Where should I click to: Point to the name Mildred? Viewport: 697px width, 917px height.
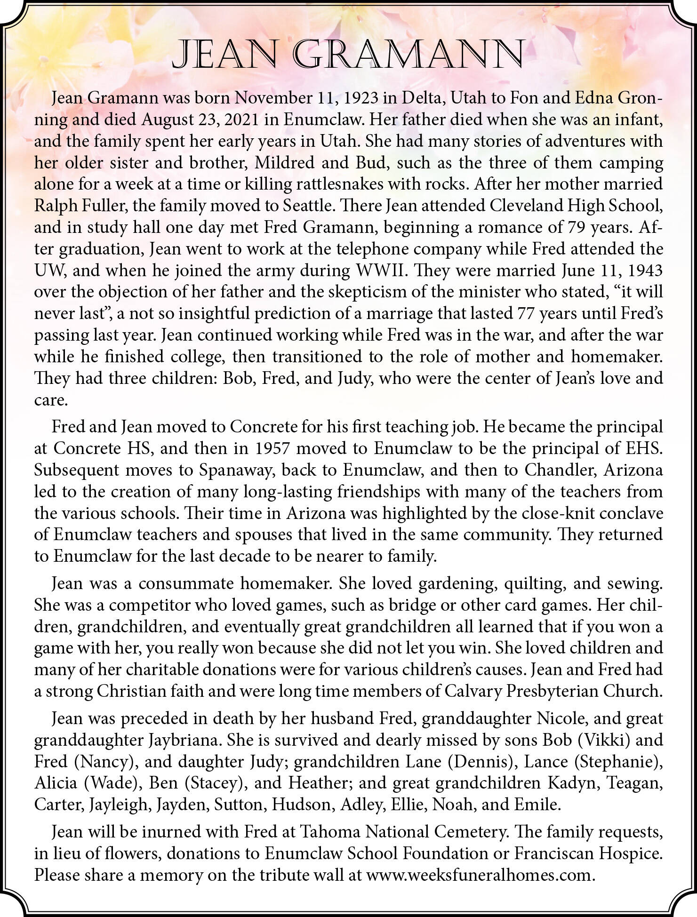[285, 163]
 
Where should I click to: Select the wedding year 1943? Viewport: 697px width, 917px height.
[646, 271]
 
